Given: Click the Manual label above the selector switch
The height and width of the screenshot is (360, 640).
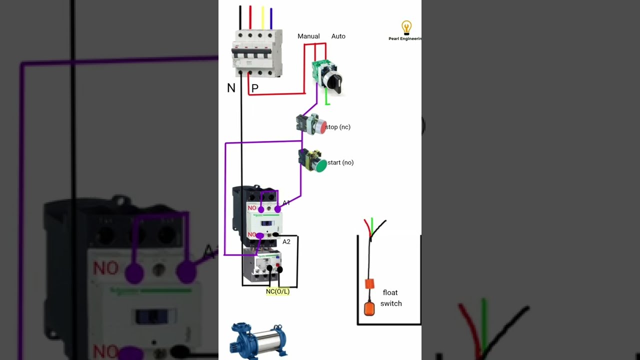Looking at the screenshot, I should pyautogui.click(x=308, y=36).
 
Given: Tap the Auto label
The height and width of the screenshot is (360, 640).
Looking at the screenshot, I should pyautogui.click(x=338, y=36).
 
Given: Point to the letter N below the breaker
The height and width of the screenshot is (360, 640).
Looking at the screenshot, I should pyautogui.click(x=231, y=88).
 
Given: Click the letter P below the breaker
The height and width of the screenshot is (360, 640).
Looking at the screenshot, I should pyautogui.click(x=255, y=88).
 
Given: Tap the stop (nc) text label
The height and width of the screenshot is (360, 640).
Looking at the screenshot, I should pyautogui.click(x=338, y=127).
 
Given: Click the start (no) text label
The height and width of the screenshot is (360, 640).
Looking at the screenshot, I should pyautogui.click(x=340, y=162).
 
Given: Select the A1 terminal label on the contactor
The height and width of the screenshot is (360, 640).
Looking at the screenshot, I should pyautogui.click(x=286, y=202).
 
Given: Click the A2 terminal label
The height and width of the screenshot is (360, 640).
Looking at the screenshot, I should pyautogui.click(x=286, y=242).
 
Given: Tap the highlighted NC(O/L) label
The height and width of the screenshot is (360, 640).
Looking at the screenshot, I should pyautogui.click(x=277, y=291).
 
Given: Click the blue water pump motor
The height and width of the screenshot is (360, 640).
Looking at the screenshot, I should pyautogui.click(x=258, y=340).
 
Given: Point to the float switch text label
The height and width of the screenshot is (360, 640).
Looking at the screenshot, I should pyautogui.click(x=391, y=298).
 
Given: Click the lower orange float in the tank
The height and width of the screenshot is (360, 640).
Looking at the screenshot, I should pyautogui.click(x=369, y=308).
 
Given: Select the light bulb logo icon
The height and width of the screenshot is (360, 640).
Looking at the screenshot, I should pyautogui.click(x=406, y=27).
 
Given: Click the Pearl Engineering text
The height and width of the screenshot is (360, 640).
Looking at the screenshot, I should pyautogui.click(x=405, y=38).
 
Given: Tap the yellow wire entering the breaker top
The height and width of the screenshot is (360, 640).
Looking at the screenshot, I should pyautogui.click(x=262, y=17).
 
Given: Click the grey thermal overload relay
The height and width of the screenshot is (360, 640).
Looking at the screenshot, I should pyautogui.click(x=262, y=265).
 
